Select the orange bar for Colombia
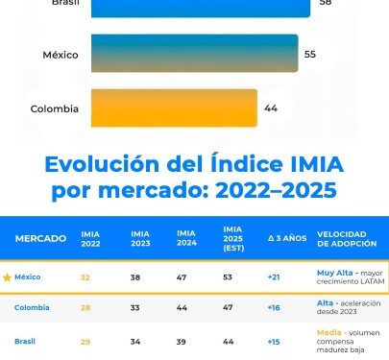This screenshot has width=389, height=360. click(174, 108)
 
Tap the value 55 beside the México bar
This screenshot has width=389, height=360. click(309, 55)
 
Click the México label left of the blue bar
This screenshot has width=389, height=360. click(61, 55)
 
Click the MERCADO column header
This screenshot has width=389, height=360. click(40, 237)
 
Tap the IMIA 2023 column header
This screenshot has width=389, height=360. click(140, 238)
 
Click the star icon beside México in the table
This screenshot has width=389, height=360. click(8, 277)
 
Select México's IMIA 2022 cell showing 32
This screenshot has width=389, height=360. click(86, 277)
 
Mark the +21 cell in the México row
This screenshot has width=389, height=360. click(275, 277)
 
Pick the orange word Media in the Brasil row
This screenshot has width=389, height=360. click(329, 332)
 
